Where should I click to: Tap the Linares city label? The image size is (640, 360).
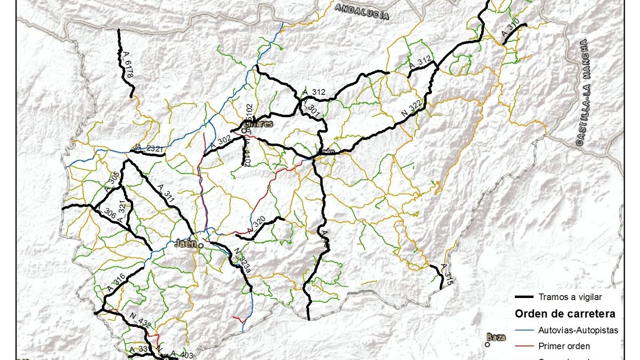coord(258,124)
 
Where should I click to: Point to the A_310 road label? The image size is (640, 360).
coord(510,28)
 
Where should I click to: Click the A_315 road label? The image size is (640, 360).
coord(446,274)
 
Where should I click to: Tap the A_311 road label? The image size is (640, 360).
coord(166,193)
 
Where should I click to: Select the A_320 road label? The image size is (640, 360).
coord(256,225)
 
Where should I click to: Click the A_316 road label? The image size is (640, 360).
coord(116,283)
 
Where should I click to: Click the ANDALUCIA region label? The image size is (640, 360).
coord(362,12)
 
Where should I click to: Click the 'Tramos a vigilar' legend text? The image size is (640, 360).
coord(570,297)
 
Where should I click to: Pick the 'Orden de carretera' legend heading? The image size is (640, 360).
coord(565,314)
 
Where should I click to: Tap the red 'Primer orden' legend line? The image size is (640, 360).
coord(524,346)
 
